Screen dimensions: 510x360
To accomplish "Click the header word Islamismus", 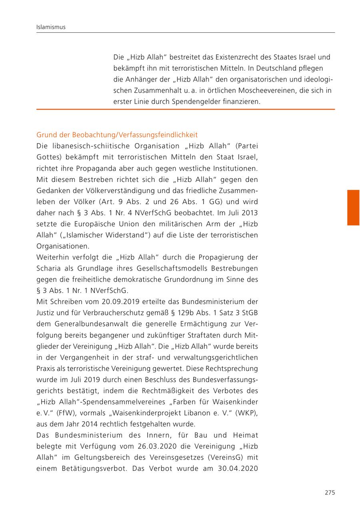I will [x=51, y=27].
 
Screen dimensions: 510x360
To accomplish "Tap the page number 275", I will [x=330, y=492].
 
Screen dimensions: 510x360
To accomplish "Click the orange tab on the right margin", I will [x=353, y=208].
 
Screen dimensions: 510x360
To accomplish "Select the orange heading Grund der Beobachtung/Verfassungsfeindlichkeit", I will [x=117, y=135].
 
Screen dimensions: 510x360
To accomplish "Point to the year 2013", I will [x=250, y=213].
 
